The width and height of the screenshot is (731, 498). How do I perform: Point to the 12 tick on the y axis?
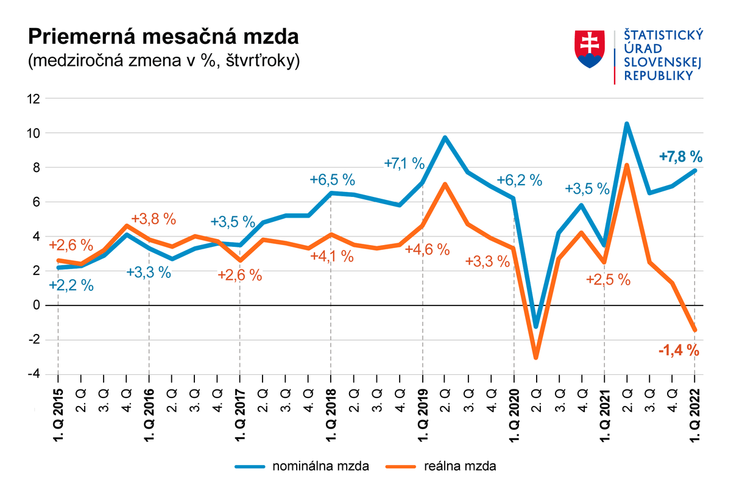pyautogui.click(x=34, y=99)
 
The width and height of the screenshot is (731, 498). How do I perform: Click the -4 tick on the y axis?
pyautogui.click(x=34, y=374)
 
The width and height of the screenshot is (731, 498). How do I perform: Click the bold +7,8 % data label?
pyautogui.click(x=680, y=157)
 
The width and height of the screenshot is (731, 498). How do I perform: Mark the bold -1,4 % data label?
pyautogui.click(x=678, y=350)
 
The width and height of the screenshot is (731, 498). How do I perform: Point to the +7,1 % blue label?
pyautogui.click(x=404, y=163)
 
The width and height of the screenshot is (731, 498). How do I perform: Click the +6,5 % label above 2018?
pyautogui.click(x=332, y=180)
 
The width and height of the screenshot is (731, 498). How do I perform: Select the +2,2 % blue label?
pyautogui.click(x=71, y=285)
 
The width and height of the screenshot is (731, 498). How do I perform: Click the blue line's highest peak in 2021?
pyautogui.click(x=627, y=124)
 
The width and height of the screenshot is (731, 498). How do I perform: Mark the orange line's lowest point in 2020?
pyautogui.click(x=536, y=357)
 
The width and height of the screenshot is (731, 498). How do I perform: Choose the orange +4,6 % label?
pyautogui.click(x=428, y=249)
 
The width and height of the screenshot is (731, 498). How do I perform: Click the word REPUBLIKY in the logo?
pyautogui.click(x=658, y=76)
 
